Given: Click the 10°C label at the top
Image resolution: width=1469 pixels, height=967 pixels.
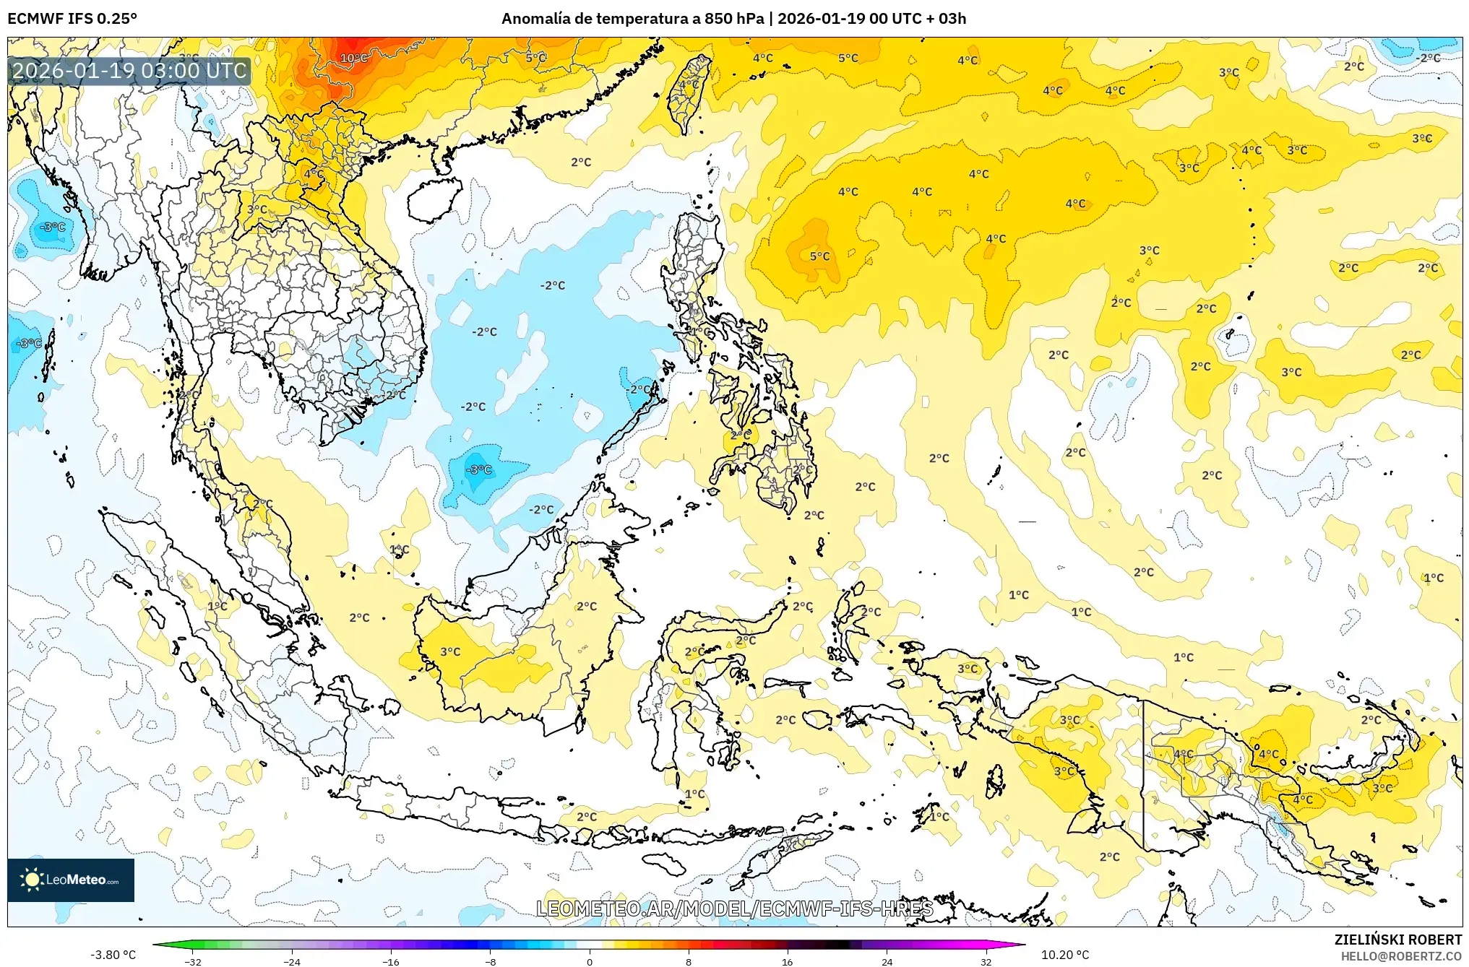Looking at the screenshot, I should click(353, 58).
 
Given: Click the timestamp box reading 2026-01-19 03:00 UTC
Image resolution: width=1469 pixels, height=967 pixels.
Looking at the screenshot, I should click(129, 71).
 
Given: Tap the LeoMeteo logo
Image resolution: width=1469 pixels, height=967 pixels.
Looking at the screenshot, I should click(71, 880).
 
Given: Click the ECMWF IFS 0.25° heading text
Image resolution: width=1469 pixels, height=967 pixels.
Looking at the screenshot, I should click(72, 19).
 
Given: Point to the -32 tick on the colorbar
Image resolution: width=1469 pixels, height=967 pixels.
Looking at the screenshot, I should click(192, 961).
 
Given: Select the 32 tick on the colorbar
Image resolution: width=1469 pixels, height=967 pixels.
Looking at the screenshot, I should click(986, 961).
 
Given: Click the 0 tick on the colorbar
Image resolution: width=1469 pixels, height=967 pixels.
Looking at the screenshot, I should click(589, 961).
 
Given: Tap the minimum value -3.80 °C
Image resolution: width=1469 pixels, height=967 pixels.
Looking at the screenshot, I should click(113, 955).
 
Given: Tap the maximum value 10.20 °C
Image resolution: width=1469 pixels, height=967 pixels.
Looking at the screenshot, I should click(1064, 955).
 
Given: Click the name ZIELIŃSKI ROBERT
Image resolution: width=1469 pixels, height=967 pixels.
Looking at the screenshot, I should click(1397, 940).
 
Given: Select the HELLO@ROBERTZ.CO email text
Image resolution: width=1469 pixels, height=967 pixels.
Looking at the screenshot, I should click(1401, 956).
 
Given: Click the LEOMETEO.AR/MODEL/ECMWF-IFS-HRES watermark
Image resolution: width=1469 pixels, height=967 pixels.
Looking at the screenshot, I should click(734, 909).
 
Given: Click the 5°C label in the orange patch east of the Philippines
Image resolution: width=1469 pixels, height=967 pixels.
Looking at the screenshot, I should click(819, 256).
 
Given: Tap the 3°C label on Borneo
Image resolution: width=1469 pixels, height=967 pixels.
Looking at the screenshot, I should click(450, 651).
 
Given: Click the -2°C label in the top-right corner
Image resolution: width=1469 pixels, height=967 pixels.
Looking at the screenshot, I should click(1428, 58).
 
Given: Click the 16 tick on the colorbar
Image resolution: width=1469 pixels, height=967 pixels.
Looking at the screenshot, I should click(787, 961).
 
